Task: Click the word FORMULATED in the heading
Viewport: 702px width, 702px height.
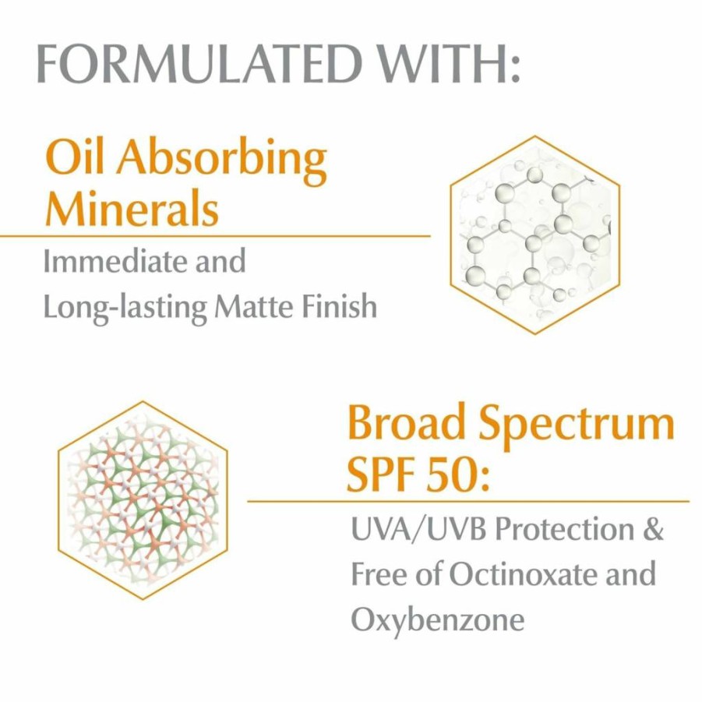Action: point(199,63)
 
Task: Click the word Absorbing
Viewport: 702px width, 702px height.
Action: point(221,161)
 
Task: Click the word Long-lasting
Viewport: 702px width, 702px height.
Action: point(125,309)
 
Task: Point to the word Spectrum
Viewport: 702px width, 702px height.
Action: point(577,425)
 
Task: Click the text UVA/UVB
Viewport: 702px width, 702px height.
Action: point(418,530)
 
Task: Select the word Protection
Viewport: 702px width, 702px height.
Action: point(564,529)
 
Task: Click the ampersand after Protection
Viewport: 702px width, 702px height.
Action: point(652,529)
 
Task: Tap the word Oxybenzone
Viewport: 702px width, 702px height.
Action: point(437,621)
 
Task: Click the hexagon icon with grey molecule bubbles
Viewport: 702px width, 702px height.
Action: point(535,235)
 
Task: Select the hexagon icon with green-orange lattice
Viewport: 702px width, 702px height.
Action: point(143,500)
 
